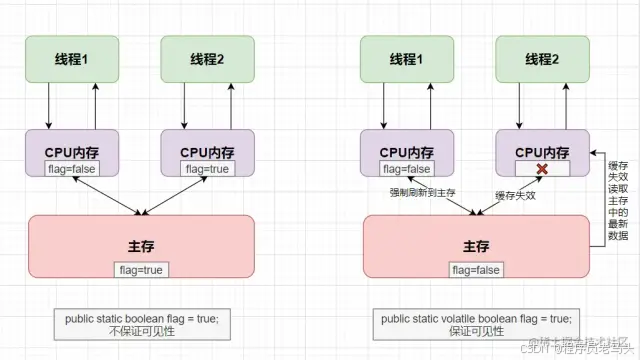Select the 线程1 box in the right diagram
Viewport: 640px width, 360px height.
[406, 59]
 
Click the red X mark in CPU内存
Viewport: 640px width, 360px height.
[541, 169]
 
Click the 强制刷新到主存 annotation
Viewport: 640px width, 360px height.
[422, 192]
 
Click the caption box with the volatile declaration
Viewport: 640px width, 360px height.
[476, 325]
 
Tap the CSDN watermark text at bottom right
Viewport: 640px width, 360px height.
[580, 344]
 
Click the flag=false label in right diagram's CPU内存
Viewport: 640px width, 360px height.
[406, 169]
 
